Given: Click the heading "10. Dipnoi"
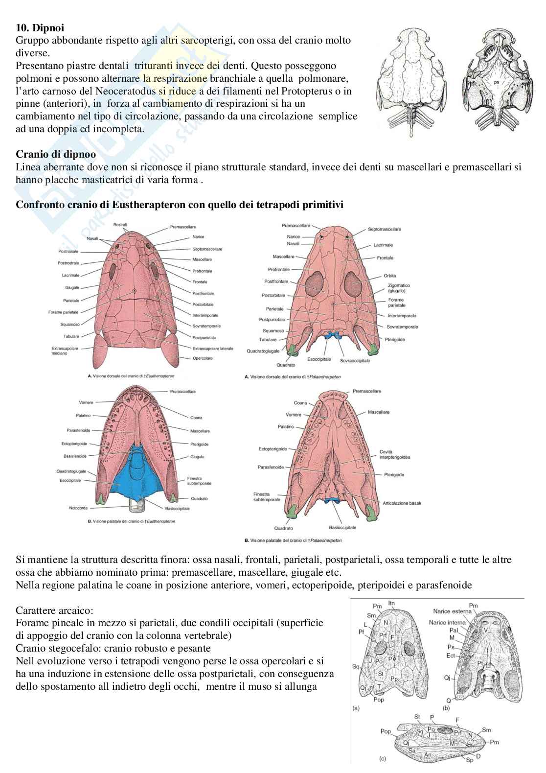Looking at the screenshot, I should [x=40, y=28].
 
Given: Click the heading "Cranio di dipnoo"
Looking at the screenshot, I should [x=56, y=154].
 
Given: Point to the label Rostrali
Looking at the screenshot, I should [x=120, y=224].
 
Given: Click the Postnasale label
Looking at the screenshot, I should [x=68, y=252].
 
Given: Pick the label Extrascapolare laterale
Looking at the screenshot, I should [x=213, y=349].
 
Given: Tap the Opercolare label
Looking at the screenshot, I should [x=203, y=358].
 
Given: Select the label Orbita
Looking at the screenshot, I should [x=390, y=276].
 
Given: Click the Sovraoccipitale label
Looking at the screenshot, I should [x=355, y=360].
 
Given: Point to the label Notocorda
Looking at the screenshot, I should [x=78, y=508].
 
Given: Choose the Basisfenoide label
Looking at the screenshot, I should [x=75, y=456].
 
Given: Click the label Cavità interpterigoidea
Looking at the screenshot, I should [x=394, y=454].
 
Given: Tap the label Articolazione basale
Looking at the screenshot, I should [x=402, y=503].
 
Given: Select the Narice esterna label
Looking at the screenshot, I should [x=452, y=611].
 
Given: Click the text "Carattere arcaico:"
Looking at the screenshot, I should [x=54, y=610].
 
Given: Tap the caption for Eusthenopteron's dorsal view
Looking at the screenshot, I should [x=131, y=376].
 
